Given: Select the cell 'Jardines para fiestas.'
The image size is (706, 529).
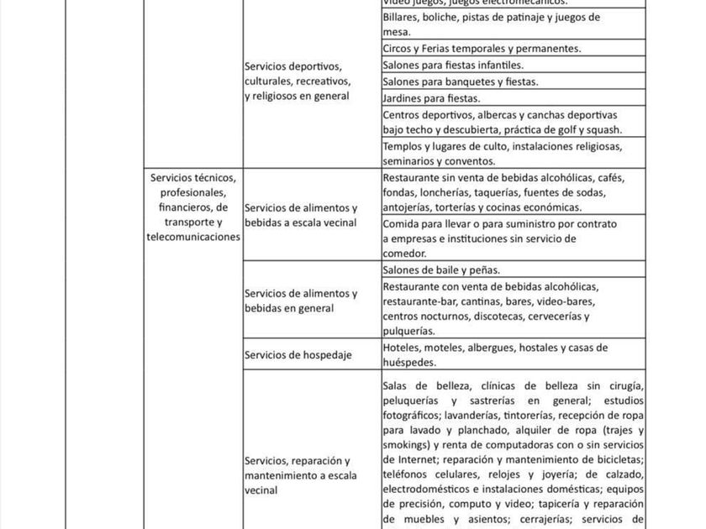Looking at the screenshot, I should [513, 98].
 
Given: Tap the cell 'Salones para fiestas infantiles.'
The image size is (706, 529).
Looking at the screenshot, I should [513, 65].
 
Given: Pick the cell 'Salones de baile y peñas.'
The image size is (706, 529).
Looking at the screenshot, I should [513, 270].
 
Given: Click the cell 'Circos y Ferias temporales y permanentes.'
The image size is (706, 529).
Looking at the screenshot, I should [513, 49].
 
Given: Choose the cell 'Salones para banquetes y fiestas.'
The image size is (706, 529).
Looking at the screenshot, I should [513, 81].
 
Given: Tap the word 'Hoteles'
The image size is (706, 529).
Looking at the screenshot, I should [402, 348].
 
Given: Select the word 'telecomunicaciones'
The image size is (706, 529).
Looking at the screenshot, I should [193, 238].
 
